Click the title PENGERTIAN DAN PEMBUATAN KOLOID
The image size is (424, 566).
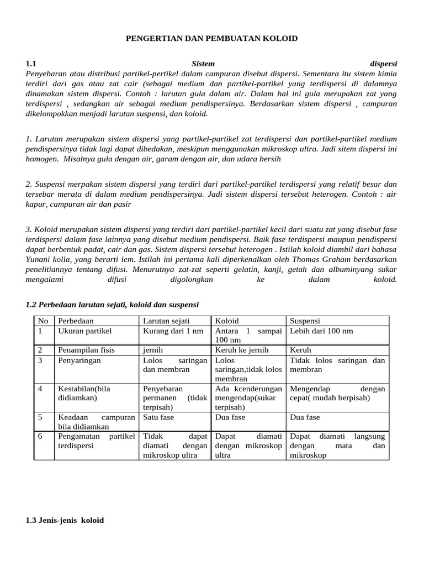click(211, 38)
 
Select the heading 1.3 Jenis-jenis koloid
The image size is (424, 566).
click(65, 520)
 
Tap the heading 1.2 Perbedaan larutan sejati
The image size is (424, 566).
click(112, 305)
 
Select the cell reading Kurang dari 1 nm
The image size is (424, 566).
click(173, 331)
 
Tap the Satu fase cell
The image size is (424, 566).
click(158, 417)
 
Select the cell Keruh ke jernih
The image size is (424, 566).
click(241, 350)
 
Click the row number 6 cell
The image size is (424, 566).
click(40, 436)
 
